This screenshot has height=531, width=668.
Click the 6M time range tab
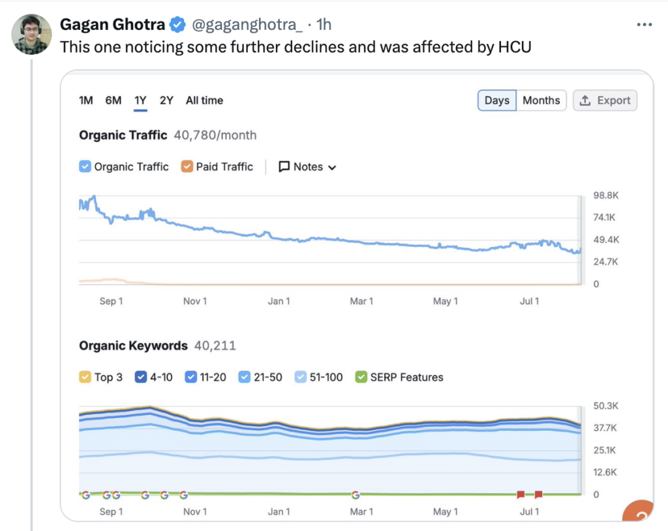(114, 100)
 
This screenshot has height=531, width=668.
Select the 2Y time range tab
(166, 100)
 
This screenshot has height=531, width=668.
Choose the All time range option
(204, 100)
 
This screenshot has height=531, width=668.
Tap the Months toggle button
(541, 100)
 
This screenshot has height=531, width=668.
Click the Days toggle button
(497, 100)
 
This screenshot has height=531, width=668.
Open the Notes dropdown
(307, 167)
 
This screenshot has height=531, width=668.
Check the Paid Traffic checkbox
(187, 167)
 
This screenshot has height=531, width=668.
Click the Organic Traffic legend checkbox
(85, 167)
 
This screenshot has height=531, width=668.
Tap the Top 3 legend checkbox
(85, 377)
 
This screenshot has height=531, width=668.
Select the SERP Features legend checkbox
(361, 377)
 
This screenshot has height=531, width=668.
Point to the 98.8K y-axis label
(606, 195)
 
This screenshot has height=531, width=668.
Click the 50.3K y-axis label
(606, 406)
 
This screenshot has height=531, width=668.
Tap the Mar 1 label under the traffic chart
(361, 301)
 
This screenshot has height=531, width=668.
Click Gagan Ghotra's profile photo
(31, 34)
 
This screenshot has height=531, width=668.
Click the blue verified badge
(177, 25)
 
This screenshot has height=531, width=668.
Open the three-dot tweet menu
(644, 25)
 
